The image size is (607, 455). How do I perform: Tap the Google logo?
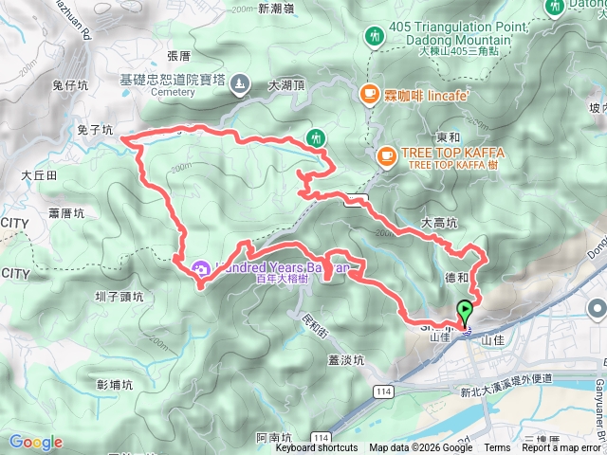point(35,442)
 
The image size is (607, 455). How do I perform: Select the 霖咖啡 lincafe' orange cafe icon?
point(369,93)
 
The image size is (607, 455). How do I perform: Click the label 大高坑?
point(439,224)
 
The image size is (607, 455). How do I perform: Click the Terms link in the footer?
point(497,447)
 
